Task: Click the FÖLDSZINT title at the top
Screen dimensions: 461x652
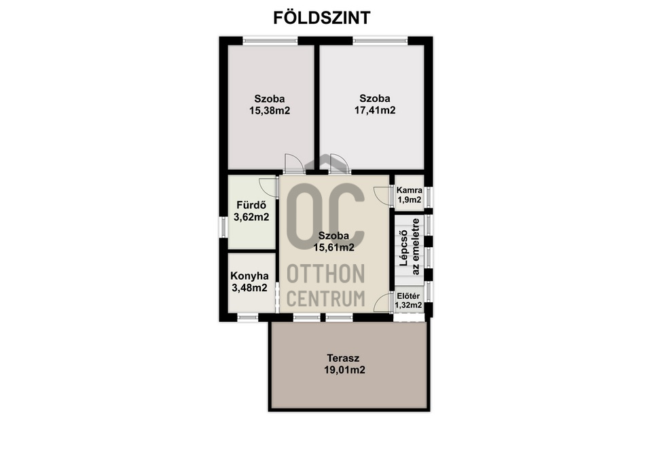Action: [x=322, y=18]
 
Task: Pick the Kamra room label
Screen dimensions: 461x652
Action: [x=410, y=190]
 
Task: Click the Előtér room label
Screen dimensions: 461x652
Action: [x=409, y=297]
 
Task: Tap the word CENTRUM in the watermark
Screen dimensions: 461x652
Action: [x=327, y=297]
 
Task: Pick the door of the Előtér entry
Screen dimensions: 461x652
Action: [x=384, y=301]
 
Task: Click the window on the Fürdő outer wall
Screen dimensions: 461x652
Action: [x=222, y=227]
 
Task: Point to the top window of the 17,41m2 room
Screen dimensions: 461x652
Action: [x=380, y=40]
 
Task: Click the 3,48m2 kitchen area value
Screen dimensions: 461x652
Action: [x=249, y=288]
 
